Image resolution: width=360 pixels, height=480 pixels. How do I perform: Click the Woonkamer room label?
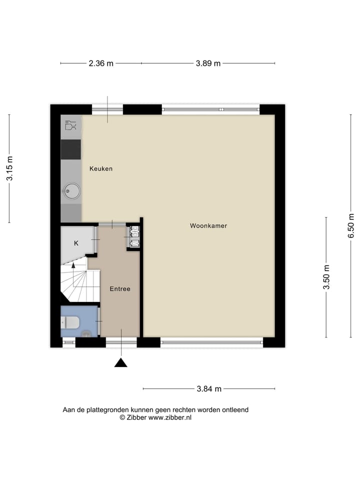(208, 226)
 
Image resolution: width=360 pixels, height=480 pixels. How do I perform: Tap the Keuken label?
(101, 169)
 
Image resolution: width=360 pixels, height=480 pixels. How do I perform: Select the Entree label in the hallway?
(120, 289)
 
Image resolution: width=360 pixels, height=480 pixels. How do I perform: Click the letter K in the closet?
(76, 243)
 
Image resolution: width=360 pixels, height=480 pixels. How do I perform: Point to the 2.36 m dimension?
(101, 63)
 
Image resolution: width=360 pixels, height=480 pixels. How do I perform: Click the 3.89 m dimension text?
(207, 63)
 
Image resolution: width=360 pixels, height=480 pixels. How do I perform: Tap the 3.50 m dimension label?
(326, 277)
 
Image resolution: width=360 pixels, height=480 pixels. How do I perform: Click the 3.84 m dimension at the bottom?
(208, 389)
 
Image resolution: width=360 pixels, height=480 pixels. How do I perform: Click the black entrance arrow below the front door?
(120, 362)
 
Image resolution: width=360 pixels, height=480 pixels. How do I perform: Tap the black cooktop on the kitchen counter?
(71, 149)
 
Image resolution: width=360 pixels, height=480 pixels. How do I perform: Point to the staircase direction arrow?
(73, 265)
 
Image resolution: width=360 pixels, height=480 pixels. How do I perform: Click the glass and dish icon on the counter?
(71, 125)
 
